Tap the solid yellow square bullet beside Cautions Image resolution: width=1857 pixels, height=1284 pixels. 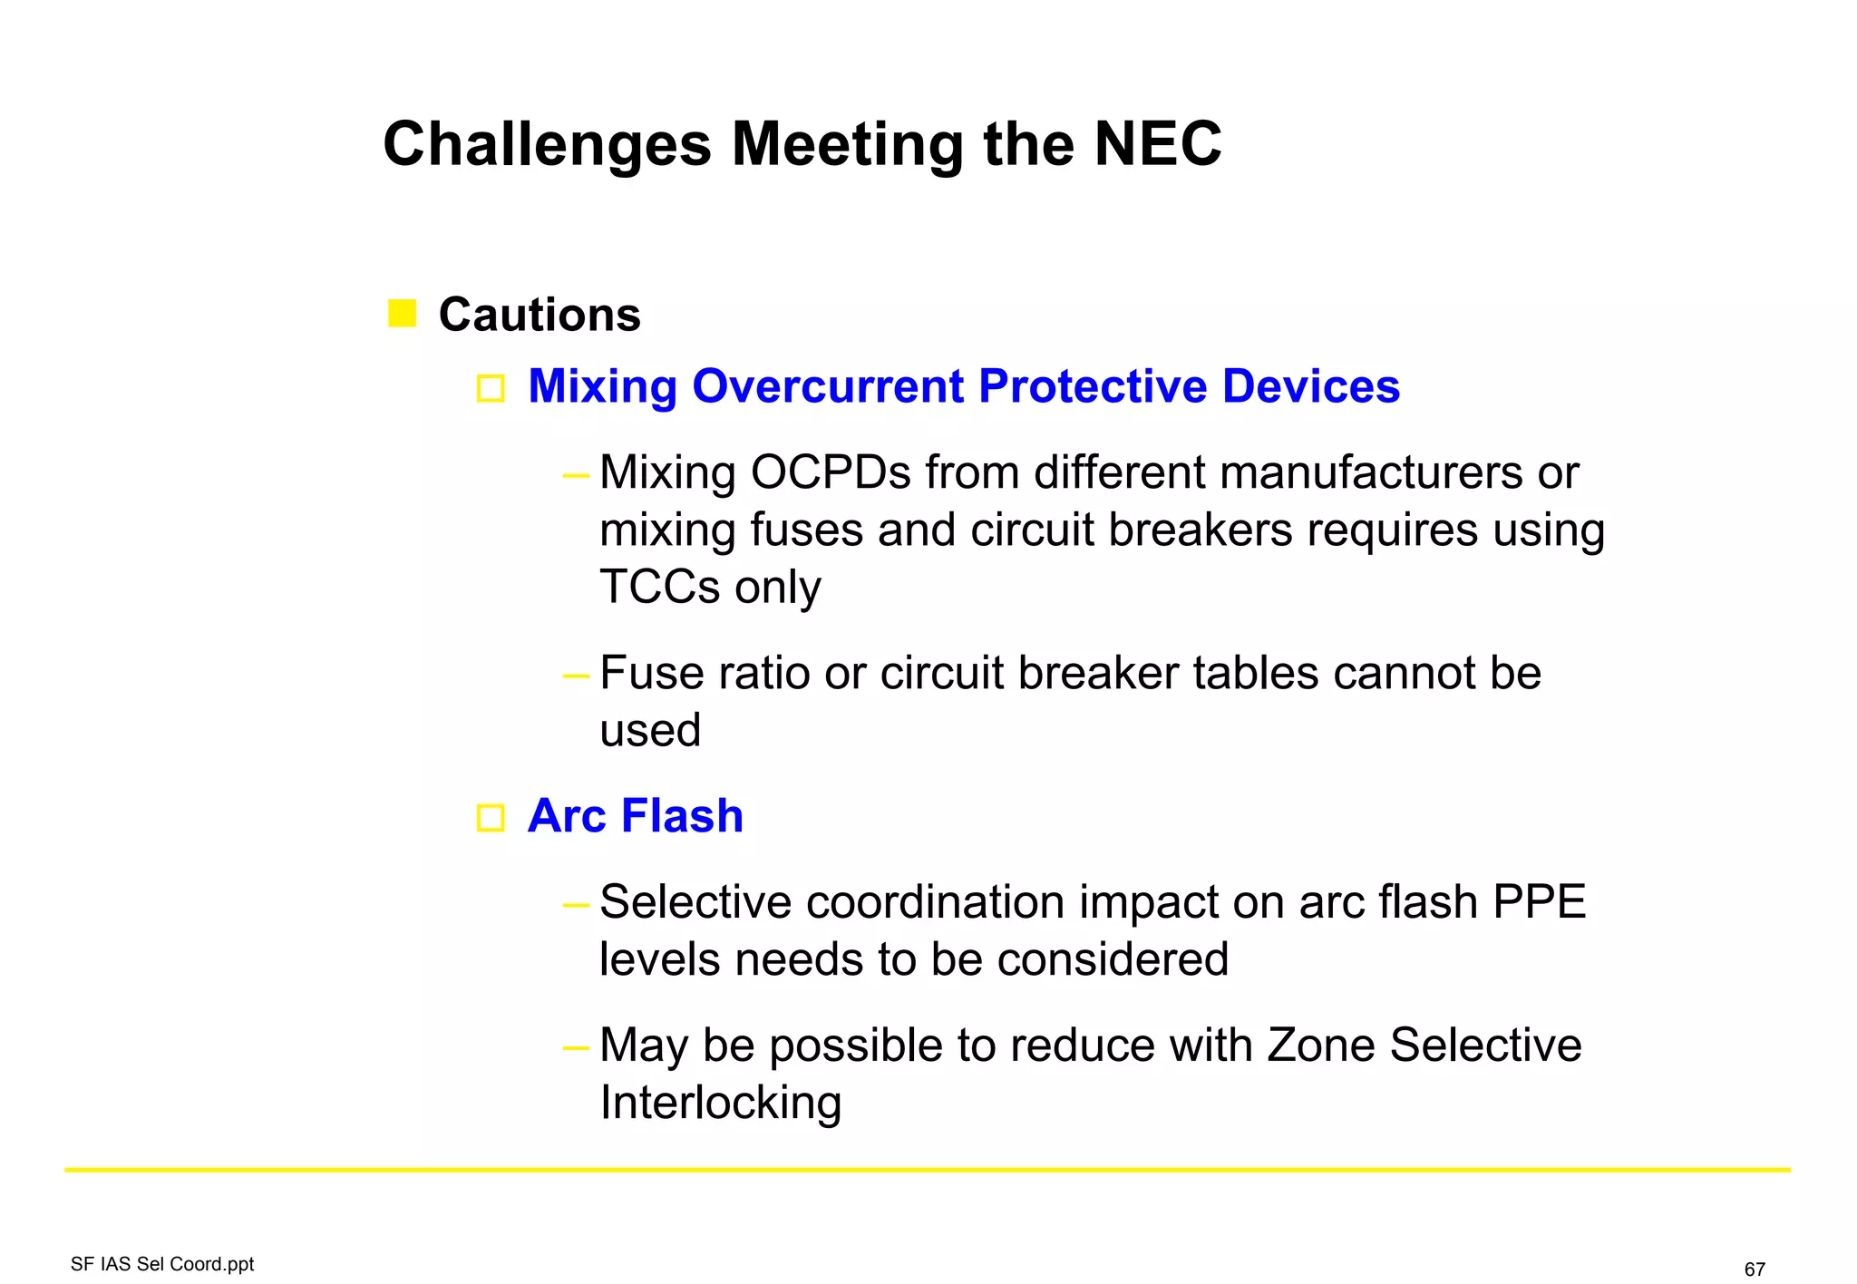point(402,314)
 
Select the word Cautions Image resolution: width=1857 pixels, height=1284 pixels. point(540,316)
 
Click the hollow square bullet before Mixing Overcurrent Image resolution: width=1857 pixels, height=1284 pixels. point(491,389)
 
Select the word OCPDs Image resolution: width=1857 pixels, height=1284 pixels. point(831,473)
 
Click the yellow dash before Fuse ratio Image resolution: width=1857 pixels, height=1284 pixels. point(576,676)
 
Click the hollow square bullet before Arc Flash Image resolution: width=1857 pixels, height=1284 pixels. point(491,818)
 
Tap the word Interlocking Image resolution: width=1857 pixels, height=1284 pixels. point(721,1104)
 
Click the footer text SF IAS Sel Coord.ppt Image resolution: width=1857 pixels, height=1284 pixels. point(162,1264)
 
